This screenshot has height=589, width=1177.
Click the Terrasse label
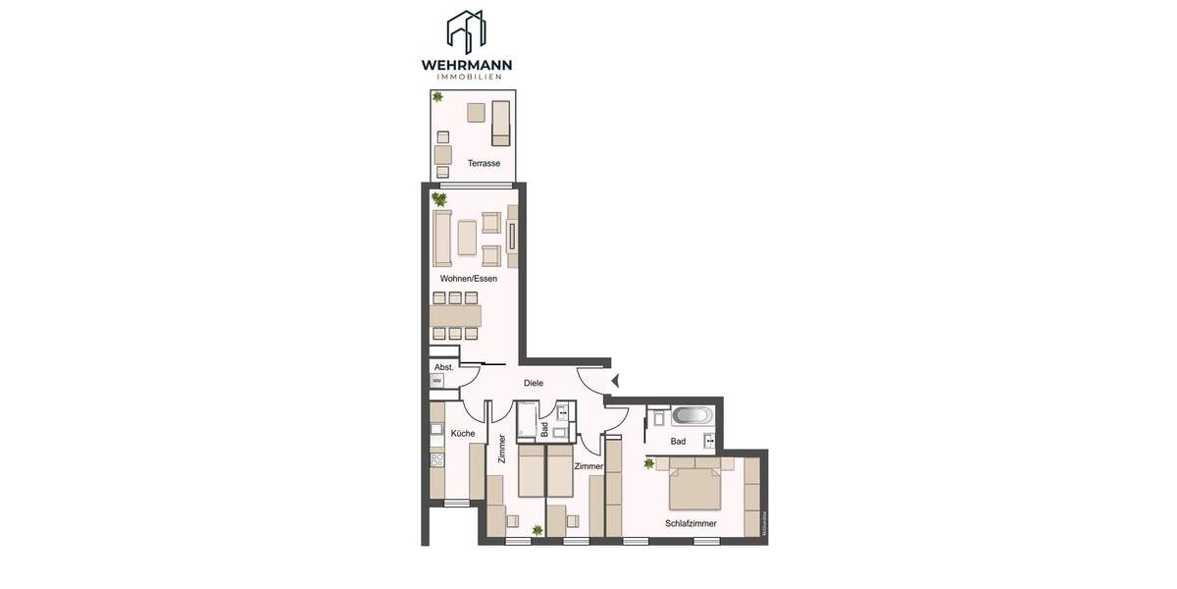tap(484, 163)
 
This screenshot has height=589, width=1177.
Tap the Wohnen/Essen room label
tap(468, 279)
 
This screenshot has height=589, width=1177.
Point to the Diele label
tap(534, 383)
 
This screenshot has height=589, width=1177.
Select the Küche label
tap(462, 433)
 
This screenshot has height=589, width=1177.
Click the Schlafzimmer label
tap(691, 523)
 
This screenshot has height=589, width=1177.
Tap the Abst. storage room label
tap(443, 367)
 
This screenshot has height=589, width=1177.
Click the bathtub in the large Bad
tap(691, 415)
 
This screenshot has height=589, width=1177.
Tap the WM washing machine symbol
tap(437, 380)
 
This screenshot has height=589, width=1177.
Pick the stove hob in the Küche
tap(437, 458)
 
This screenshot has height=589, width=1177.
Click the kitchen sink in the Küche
tap(437, 429)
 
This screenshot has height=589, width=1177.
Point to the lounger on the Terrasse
tap(501, 121)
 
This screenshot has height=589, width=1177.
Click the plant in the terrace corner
tap(437, 97)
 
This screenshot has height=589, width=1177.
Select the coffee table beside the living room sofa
tap(467, 237)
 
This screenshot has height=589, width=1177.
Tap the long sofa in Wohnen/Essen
tap(442, 237)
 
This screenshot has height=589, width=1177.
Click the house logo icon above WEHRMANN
tap(466, 31)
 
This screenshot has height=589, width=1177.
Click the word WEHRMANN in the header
tap(466, 66)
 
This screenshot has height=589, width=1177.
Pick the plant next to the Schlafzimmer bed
tap(648, 463)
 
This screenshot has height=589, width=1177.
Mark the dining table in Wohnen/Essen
tap(455, 315)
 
